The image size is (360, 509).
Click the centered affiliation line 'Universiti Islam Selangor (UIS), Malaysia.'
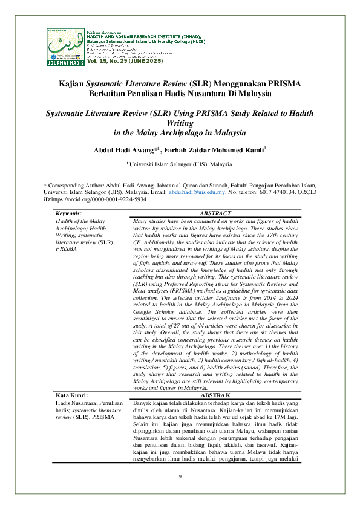click(181, 164)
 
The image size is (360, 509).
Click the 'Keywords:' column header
click(69, 213)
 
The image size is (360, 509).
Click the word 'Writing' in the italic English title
click(180, 123)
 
